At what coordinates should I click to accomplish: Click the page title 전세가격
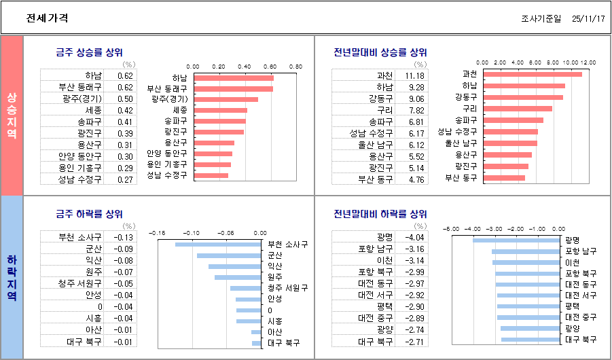pyautogui.click(x=47, y=19)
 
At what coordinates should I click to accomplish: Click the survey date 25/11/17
pyautogui.click(x=588, y=19)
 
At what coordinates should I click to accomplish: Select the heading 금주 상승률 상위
pyautogui.click(x=89, y=52)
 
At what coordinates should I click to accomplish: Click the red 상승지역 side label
pyautogui.click(x=12, y=115)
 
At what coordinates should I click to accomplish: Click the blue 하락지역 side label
pyautogui.click(x=12, y=277)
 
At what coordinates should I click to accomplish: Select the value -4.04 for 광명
pyautogui.click(x=414, y=238)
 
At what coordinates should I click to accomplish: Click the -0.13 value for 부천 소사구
pyautogui.click(x=124, y=238)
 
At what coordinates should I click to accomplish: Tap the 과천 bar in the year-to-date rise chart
pyautogui.click(x=533, y=74)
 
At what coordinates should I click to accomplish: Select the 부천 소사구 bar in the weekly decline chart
pyautogui.click(x=217, y=245)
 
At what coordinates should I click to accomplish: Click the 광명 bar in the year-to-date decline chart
pyautogui.click(x=516, y=240)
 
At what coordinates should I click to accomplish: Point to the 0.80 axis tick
pyautogui.click(x=295, y=67)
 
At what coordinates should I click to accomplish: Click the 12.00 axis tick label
pyautogui.click(x=588, y=62)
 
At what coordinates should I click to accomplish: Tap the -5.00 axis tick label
pyautogui.click(x=452, y=228)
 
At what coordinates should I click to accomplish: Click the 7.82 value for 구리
pyautogui.click(x=416, y=110)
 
